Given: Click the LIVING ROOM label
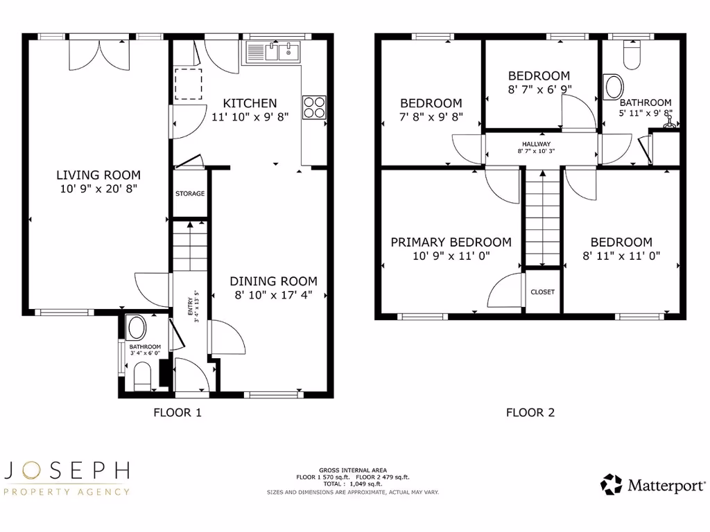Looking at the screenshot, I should (x=98, y=175).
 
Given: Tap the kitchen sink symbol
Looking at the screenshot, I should (x=272, y=51).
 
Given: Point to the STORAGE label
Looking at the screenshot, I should (x=189, y=193).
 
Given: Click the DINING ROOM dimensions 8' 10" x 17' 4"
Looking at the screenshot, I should (x=273, y=294).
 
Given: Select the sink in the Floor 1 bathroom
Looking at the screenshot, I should (x=137, y=328).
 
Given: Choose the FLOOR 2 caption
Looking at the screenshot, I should (x=530, y=413).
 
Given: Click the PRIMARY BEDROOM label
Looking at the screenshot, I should (x=451, y=242).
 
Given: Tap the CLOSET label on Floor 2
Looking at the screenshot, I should (x=542, y=292).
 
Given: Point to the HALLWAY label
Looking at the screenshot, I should (x=537, y=144).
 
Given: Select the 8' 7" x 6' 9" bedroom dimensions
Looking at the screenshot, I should (x=539, y=89).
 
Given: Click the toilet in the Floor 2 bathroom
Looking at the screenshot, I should (x=631, y=55).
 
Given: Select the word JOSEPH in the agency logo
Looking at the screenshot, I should (x=67, y=471).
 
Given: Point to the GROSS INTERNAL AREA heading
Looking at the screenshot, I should (x=353, y=470).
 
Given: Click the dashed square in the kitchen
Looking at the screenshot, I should (x=187, y=84).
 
